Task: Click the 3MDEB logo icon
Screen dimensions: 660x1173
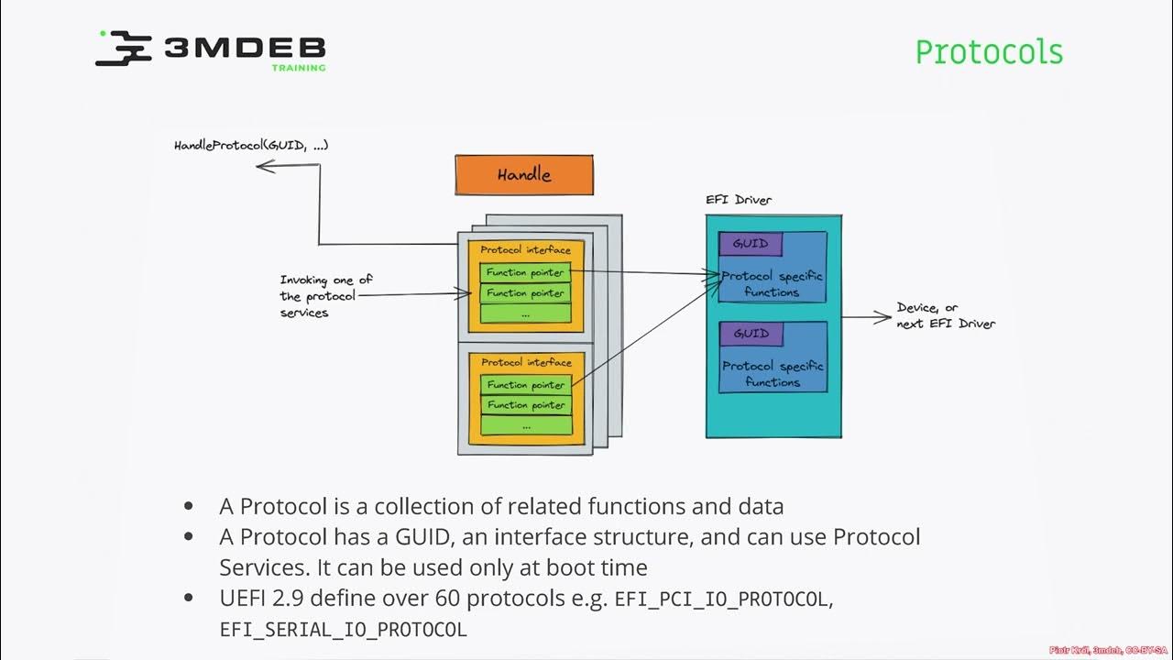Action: [x=124, y=48]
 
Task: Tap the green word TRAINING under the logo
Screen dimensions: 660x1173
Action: [x=298, y=68]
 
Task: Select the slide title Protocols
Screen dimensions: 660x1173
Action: [x=989, y=51]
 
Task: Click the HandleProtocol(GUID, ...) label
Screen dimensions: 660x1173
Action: [x=251, y=146]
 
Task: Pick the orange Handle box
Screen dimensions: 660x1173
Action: [x=524, y=174]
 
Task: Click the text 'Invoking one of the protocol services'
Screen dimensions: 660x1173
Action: [x=325, y=296]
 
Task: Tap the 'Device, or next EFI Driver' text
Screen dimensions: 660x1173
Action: [x=945, y=315]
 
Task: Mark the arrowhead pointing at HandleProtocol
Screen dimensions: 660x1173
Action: [x=262, y=166]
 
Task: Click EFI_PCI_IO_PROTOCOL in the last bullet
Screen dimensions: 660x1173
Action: [x=723, y=599]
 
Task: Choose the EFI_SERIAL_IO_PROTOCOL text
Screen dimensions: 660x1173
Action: [x=343, y=631]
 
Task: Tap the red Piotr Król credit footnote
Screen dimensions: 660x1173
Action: [x=1108, y=650]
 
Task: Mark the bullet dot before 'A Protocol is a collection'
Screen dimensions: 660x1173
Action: [x=189, y=506]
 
